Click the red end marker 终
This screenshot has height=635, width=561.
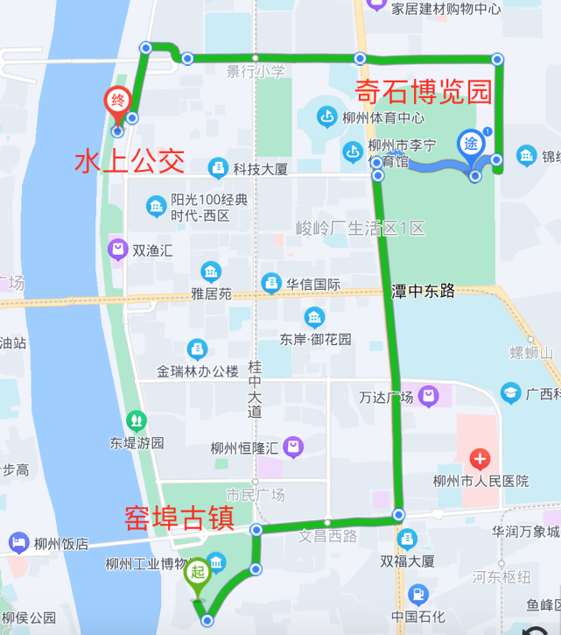coord(117,100)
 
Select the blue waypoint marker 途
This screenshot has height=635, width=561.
coord(471,142)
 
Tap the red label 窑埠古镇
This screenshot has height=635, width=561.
coord(179,517)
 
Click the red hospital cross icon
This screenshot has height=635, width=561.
coord(480,459)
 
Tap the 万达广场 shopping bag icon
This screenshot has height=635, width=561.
coord(428,397)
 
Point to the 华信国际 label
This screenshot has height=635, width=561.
coord(312,284)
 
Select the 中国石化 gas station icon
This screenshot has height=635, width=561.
coord(420,596)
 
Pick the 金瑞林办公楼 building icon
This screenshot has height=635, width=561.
coord(198,349)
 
